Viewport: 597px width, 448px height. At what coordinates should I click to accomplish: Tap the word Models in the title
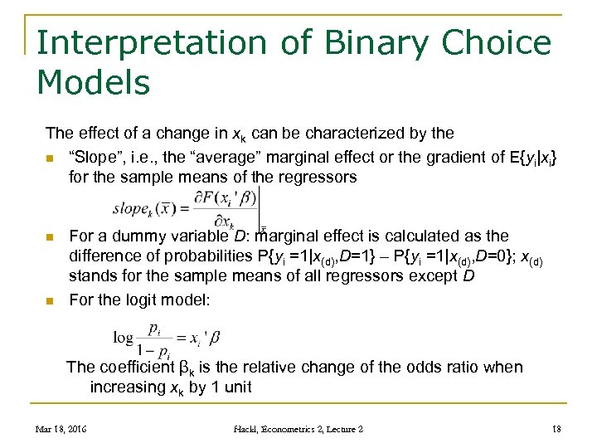pos(94,82)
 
